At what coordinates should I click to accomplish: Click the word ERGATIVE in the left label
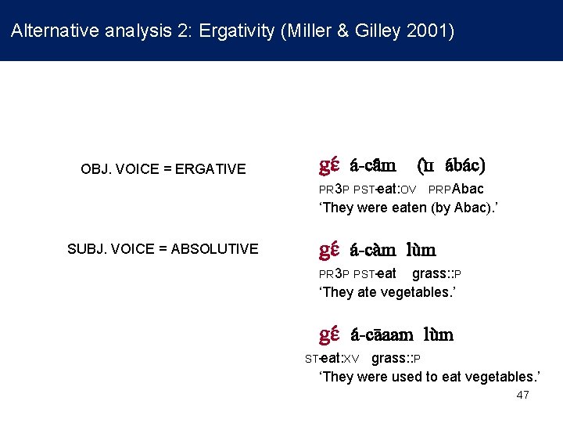[x=210, y=168]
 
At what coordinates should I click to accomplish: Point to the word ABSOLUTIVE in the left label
[x=209, y=249]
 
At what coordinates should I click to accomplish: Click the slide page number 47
[x=522, y=395]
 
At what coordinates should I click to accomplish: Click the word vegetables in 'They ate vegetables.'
[x=421, y=292]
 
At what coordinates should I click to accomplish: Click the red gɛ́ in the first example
[x=328, y=165]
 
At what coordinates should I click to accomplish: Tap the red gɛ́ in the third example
[x=328, y=334]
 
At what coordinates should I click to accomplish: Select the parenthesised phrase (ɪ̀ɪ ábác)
[x=451, y=166]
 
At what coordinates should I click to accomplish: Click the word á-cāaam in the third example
[x=382, y=335]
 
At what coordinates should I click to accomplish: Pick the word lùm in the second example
[x=421, y=251]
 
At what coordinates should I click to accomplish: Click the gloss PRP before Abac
[x=439, y=190]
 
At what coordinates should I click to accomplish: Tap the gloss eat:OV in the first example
[x=400, y=189]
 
